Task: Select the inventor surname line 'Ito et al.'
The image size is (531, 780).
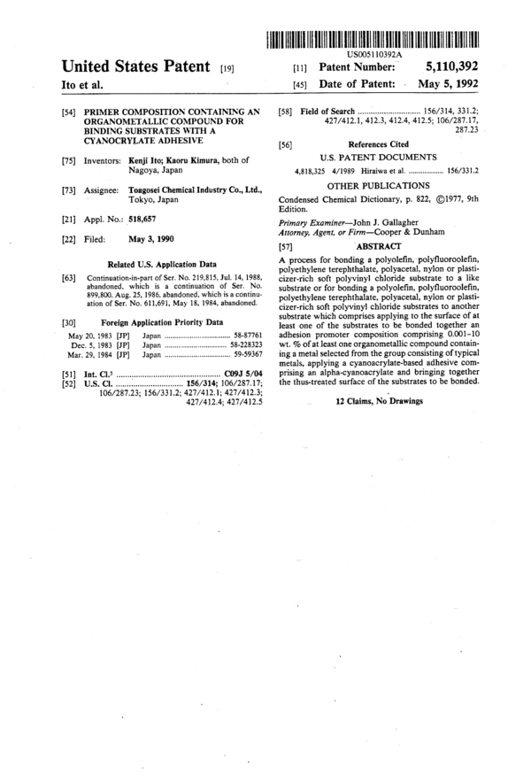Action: point(82,86)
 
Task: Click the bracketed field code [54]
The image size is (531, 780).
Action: point(68,111)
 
